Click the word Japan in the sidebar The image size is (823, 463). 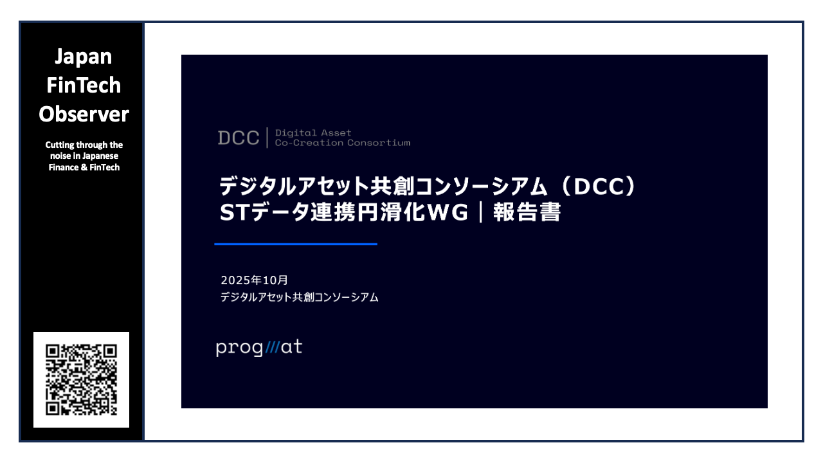tap(83, 57)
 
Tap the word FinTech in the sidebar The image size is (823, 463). tap(84, 85)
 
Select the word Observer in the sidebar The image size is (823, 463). tap(84, 114)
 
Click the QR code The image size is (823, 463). tap(82, 379)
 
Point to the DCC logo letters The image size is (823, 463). tap(239, 138)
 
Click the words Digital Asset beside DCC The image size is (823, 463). tap(313, 132)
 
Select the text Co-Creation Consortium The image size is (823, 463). tap(342, 143)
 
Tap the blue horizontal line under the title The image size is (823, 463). tap(296, 244)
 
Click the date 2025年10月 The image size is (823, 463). tap(255, 280)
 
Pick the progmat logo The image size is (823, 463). tap(259, 348)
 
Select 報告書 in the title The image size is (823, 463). tap(527, 213)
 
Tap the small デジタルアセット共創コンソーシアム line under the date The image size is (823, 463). tap(299, 297)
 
